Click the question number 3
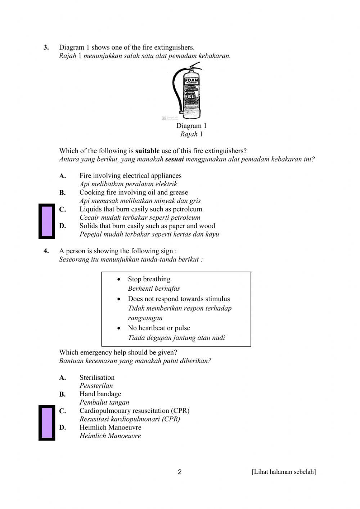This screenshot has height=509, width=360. click(46, 48)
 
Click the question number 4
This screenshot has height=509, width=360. click(46, 251)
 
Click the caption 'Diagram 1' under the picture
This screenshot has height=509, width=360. click(191, 126)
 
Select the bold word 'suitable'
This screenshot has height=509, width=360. click(147, 151)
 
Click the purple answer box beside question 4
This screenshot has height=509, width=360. click(47, 423)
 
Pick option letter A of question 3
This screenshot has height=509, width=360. click(63, 176)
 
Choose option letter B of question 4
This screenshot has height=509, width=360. click(63, 394)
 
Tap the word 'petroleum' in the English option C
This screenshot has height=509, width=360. click(186, 209)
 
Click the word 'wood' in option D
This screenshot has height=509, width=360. click(207, 226)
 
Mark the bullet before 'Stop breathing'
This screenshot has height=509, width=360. click(119, 279)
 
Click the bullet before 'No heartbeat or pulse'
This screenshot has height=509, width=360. click(119, 328)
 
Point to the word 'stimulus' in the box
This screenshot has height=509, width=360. click(217, 299)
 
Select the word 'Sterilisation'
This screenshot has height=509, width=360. click(97, 378)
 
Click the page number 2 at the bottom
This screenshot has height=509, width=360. click(180, 472)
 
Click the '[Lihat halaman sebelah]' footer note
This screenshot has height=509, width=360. click(284, 472)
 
